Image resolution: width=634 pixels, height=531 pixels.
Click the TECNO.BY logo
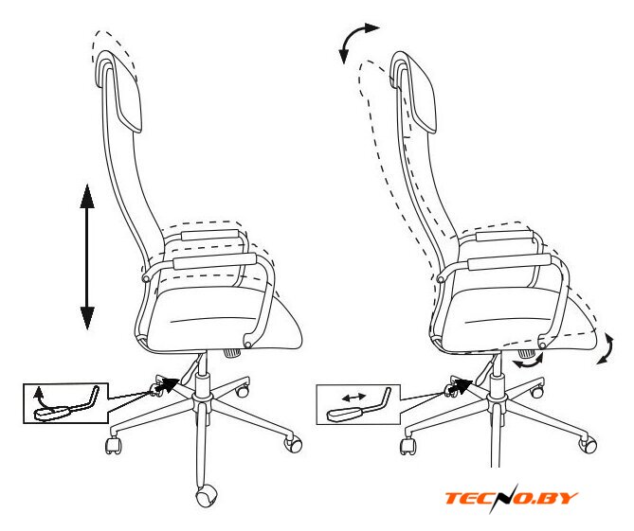pos(512,498)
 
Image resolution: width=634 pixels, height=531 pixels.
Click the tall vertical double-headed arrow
pos(87,257)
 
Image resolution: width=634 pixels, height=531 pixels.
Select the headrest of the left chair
pos(119,91)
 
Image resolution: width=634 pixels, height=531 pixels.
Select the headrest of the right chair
pos(414,91)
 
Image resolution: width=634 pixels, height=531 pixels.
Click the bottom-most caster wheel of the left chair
pos(207,497)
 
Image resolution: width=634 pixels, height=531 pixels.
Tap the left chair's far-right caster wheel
pos(293,444)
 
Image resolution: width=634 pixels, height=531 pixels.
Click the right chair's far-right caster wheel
pos(588,444)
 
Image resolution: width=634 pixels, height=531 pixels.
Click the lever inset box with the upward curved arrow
pos(66,402)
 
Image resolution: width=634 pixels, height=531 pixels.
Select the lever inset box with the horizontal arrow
pos(358,404)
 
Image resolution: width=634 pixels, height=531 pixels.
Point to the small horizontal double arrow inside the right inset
pos(353,398)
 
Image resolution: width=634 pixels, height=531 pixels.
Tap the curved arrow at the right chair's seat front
pos(607,348)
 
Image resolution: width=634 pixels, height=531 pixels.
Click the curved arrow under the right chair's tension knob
pos(528,363)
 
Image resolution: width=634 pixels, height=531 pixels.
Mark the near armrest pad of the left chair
pos(215,261)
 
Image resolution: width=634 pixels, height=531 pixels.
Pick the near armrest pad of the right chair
pos(509,261)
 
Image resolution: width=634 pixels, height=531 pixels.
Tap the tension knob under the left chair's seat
pos(232,352)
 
